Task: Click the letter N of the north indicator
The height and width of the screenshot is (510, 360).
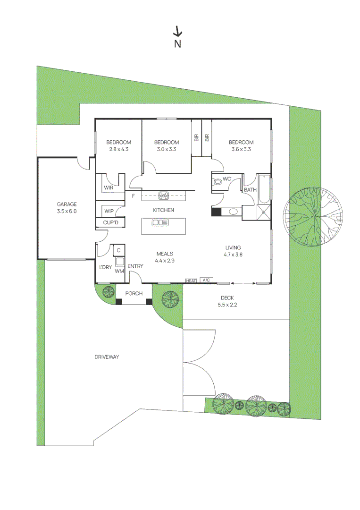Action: pyautogui.click(x=178, y=44)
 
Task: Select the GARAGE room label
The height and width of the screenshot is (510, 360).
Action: pyautogui.click(x=67, y=204)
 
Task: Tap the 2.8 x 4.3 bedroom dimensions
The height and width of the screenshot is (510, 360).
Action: pyautogui.click(x=118, y=149)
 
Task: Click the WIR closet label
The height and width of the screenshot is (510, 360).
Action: pyautogui.click(x=108, y=188)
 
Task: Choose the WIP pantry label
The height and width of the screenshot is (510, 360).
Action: pyautogui.click(x=109, y=211)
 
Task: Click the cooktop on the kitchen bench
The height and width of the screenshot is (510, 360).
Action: pyautogui.click(x=164, y=195)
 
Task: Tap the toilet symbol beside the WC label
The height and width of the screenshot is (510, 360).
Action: pyautogui.click(x=218, y=180)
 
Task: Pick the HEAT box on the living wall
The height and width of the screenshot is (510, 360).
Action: pyautogui.click(x=191, y=280)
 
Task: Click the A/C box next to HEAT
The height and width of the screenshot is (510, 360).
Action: pyautogui.click(x=206, y=280)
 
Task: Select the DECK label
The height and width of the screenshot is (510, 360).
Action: pyautogui.click(x=228, y=298)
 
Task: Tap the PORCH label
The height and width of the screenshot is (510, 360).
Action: pyautogui.click(x=134, y=294)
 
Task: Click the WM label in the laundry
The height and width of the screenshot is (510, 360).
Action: pyautogui.click(x=119, y=271)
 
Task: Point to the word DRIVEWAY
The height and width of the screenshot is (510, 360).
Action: pyautogui.click(x=107, y=357)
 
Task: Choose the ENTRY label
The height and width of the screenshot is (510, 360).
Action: pyautogui.click(x=135, y=266)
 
